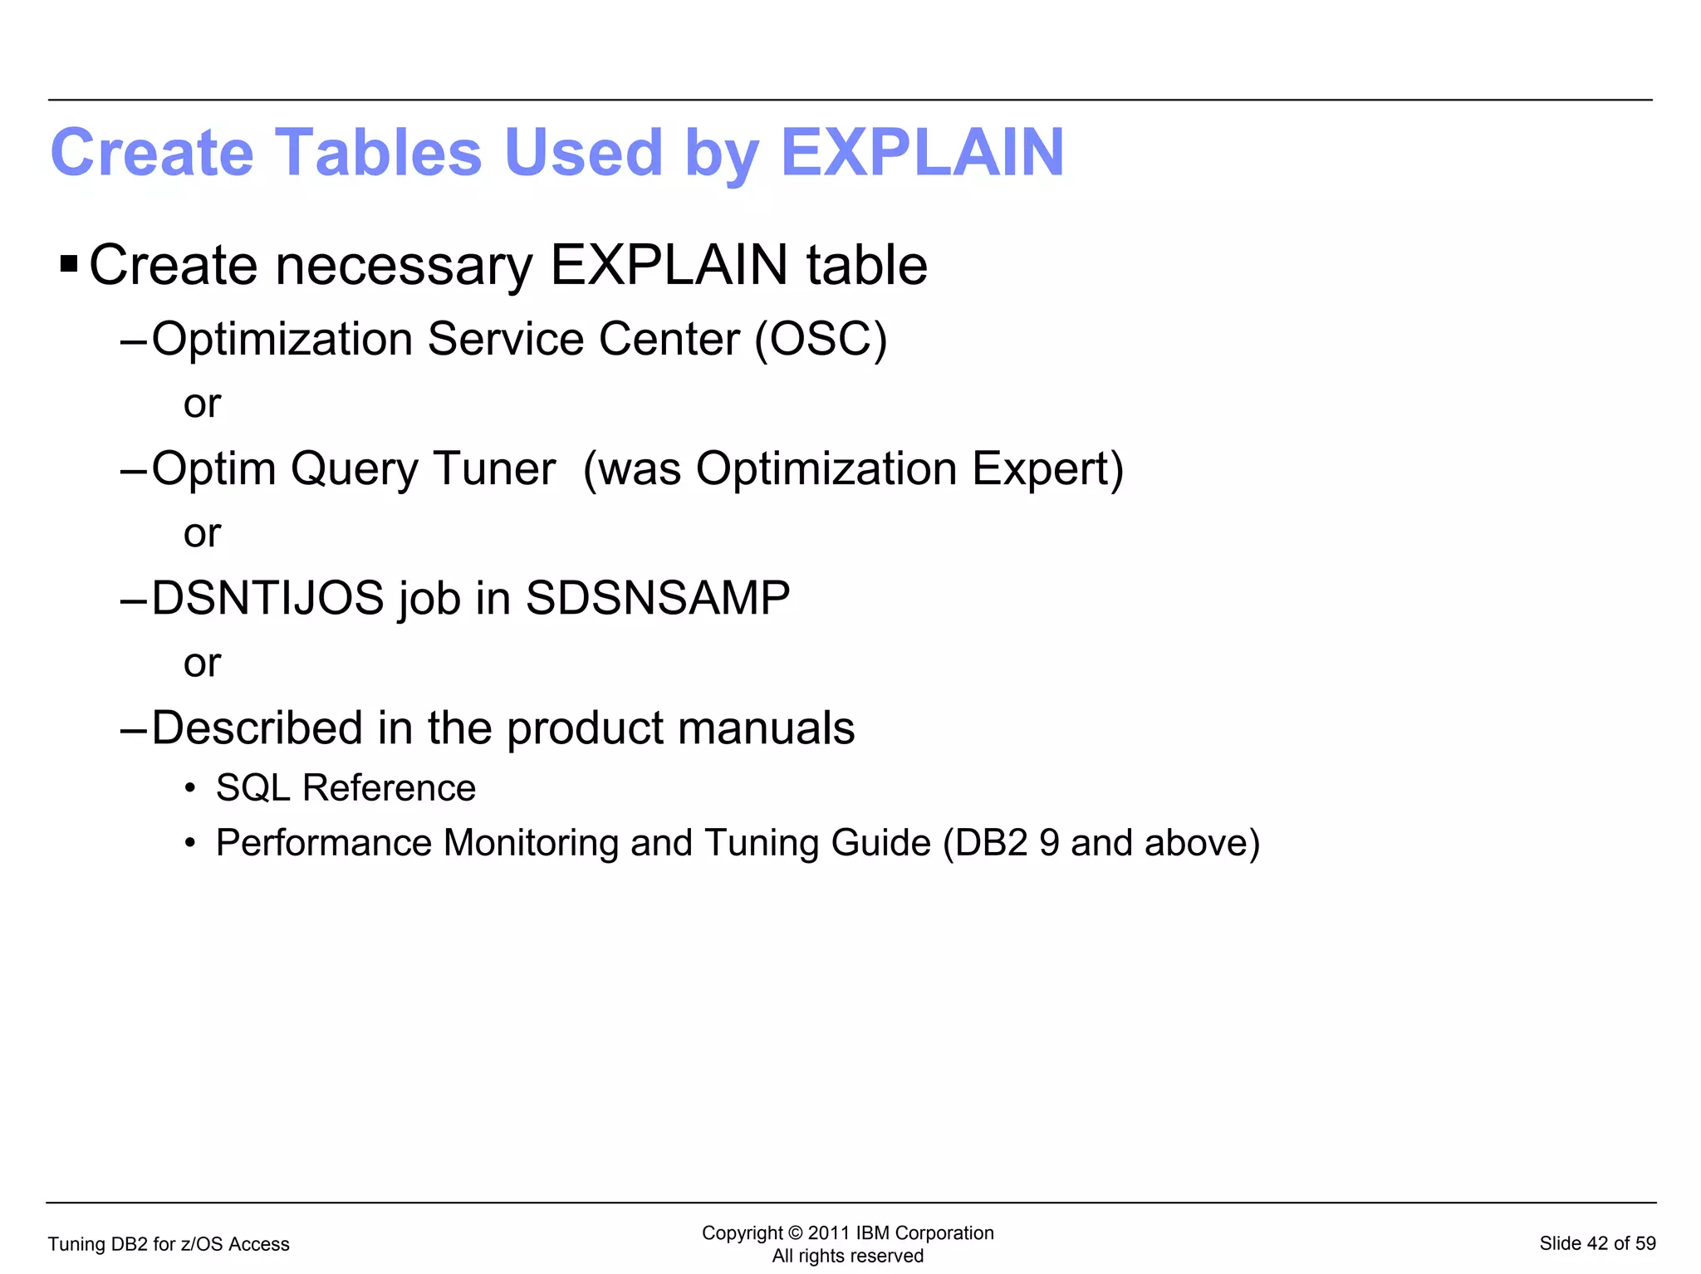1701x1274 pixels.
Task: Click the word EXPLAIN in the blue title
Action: click(x=922, y=153)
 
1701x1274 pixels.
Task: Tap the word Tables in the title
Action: click(x=378, y=153)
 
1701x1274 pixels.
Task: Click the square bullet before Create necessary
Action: click(x=69, y=266)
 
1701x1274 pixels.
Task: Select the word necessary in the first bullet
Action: click(x=403, y=266)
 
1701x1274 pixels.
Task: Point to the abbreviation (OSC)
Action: click(x=821, y=340)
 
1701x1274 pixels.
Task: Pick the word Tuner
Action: click(x=494, y=469)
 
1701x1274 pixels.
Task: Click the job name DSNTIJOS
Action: click(x=267, y=598)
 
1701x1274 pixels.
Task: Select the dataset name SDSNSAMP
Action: click(x=658, y=598)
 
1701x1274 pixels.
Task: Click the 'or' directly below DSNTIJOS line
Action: click(x=202, y=664)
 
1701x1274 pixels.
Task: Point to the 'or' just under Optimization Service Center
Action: click(x=202, y=404)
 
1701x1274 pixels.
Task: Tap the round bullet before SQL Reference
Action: click(x=190, y=788)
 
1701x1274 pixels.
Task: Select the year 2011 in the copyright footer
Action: click(x=828, y=1233)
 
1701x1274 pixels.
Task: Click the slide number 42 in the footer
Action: click(x=1597, y=1243)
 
